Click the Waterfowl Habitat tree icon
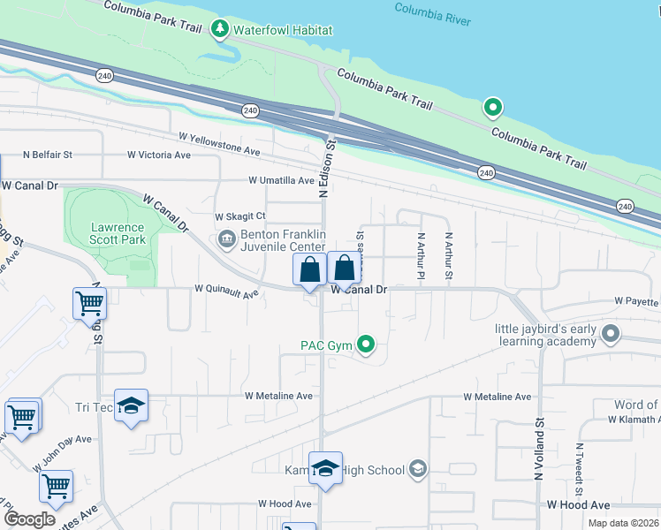coord(220,30)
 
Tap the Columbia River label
coord(432,14)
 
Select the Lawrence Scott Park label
coord(118,233)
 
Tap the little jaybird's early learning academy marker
coord(610,334)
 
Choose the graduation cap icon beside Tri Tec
coord(131,406)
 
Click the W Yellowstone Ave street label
coord(219,144)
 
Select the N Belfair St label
coord(48,155)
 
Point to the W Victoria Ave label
coord(159,155)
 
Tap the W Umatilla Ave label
coord(281,180)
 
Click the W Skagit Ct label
coord(240,216)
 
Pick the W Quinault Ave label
coord(226,288)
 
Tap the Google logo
coord(30,519)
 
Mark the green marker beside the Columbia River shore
coord(493,109)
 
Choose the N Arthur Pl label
coord(421,254)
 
